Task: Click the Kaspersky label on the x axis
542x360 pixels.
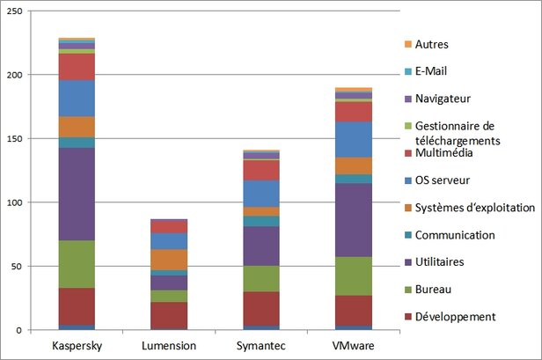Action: [x=77, y=345]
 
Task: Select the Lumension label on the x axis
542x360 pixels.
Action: [x=168, y=345]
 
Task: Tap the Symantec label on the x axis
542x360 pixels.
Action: [x=261, y=345]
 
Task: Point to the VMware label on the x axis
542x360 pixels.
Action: [x=353, y=345]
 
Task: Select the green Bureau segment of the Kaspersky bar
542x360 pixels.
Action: [x=77, y=264]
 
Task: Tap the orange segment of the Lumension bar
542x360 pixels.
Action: [x=168, y=260]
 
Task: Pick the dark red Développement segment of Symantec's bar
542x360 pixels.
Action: [x=261, y=309]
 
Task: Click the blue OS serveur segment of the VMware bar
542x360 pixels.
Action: [x=353, y=139]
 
